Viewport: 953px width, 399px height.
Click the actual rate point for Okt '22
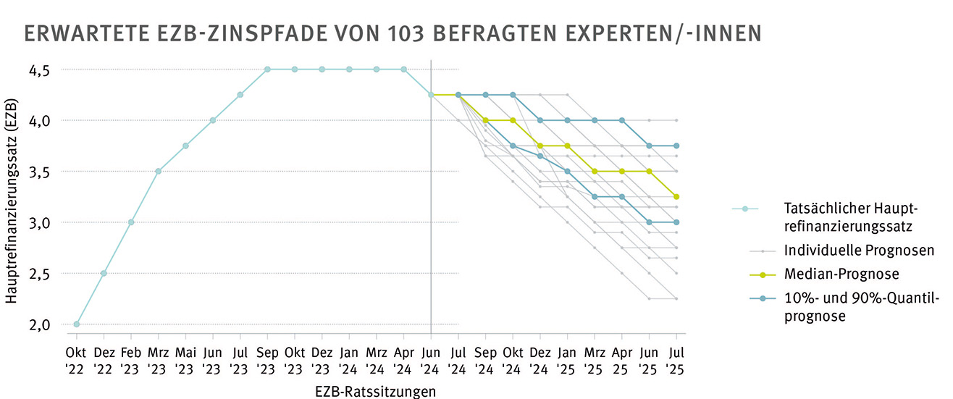(x=77, y=324)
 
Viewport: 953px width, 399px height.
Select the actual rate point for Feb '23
(x=131, y=222)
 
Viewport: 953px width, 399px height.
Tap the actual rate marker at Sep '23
(x=267, y=70)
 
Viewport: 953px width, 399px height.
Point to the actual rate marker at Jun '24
(x=431, y=95)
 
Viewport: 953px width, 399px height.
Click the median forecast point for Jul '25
(x=676, y=197)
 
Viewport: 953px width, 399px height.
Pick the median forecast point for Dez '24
(x=540, y=146)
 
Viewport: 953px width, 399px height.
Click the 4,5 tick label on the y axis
(x=40, y=70)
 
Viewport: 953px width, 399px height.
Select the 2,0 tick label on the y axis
(x=40, y=324)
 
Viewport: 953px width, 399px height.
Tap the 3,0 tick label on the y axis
(x=40, y=223)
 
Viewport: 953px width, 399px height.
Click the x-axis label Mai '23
(x=185, y=361)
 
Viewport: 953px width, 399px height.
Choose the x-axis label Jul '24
(x=458, y=361)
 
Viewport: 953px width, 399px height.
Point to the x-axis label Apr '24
(x=403, y=361)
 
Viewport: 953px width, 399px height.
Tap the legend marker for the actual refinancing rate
(x=744, y=209)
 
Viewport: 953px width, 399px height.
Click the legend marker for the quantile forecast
(x=744, y=298)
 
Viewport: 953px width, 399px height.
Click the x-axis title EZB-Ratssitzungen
(x=376, y=391)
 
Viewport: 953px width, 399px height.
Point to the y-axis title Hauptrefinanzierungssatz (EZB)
(x=12, y=197)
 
